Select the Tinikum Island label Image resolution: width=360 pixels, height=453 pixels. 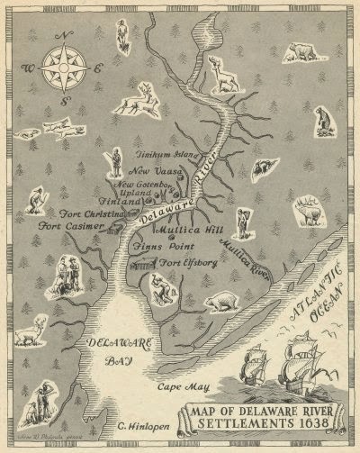pyautogui.click(x=166, y=154)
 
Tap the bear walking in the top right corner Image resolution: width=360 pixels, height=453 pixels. pyautogui.click(x=303, y=51)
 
